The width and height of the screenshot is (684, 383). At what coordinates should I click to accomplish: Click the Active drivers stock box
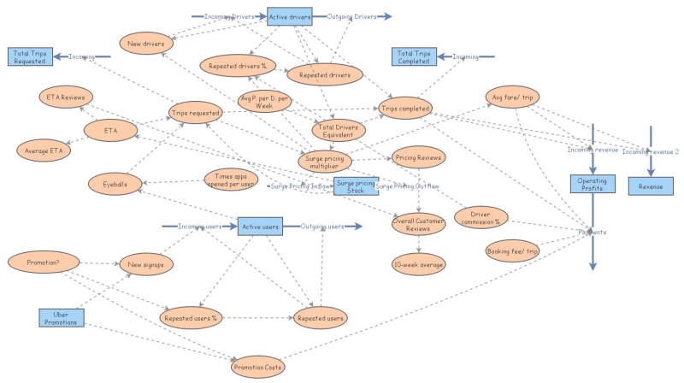click(x=291, y=16)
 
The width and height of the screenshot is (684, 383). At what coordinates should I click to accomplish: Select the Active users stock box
click(x=260, y=227)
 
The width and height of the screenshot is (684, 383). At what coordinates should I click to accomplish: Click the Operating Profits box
click(x=592, y=184)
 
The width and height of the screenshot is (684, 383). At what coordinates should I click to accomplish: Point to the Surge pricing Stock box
click(x=355, y=186)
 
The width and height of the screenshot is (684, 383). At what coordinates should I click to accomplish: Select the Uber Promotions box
click(x=62, y=318)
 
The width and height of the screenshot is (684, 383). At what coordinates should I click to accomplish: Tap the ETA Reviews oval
click(x=65, y=97)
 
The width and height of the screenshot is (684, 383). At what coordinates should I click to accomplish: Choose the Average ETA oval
click(x=44, y=150)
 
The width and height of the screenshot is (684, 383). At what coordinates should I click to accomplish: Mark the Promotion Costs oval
click(x=257, y=367)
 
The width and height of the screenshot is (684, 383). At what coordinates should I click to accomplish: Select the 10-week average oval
click(x=418, y=264)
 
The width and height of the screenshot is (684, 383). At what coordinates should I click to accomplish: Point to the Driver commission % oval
click(x=481, y=217)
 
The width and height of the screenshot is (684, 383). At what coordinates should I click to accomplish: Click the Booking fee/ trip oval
click(x=512, y=251)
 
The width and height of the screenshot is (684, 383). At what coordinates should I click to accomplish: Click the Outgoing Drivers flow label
click(x=351, y=16)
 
